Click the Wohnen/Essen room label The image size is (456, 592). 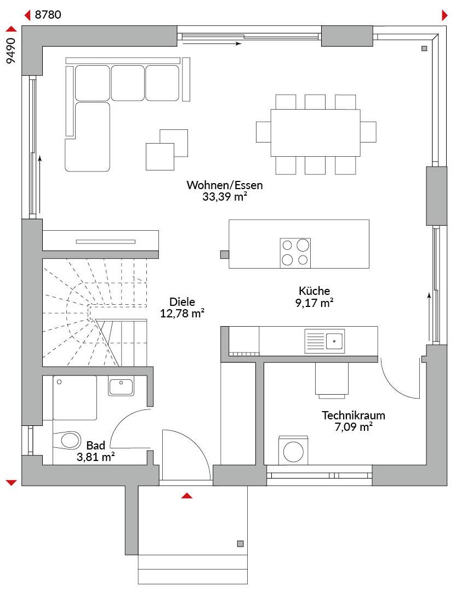click(x=225, y=185)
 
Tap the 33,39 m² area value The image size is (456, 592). click(x=225, y=196)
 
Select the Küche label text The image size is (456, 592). click(x=314, y=291)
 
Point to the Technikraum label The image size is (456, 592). click(x=354, y=415)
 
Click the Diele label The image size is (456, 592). click(x=182, y=301)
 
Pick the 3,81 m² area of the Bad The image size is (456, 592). click(x=96, y=457)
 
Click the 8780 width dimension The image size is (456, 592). click(x=48, y=15)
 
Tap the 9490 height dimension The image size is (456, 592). click(x=12, y=50)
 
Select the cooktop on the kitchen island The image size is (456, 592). click(x=295, y=253)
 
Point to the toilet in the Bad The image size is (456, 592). click(x=67, y=440)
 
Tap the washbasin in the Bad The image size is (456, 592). click(x=121, y=386)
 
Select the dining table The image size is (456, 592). click(x=315, y=133)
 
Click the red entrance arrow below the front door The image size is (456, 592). click(x=187, y=496)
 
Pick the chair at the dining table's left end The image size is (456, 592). click(x=264, y=132)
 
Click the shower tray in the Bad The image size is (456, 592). click(x=75, y=398)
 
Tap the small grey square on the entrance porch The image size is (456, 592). click(x=240, y=544)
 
